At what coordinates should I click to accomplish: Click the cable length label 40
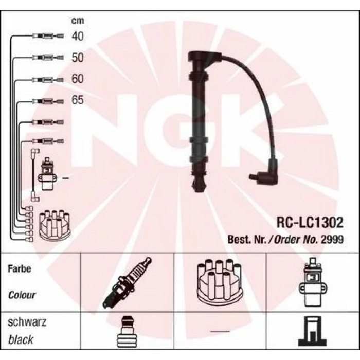tap(78, 37)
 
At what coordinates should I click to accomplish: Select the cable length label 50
tap(78, 58)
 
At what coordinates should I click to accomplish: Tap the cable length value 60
tap(78, 79)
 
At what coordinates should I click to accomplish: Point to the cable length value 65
tap(78, 100)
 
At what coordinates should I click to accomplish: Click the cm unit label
tap(78, 21)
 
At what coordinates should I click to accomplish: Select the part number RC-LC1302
tap(310, 222)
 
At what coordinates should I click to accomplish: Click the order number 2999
tap(332, 239)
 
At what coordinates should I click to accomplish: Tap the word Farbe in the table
tap(20, 268)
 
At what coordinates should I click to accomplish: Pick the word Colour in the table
tap(22, 295)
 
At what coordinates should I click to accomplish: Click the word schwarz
tap(27, 322)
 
